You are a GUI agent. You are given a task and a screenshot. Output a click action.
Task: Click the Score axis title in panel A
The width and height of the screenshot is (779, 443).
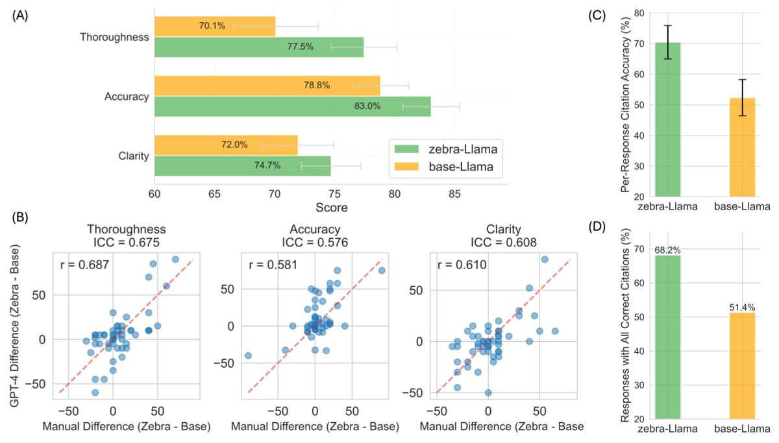[x=331, y=208]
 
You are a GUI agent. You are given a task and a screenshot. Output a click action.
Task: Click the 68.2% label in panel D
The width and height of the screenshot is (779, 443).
[x=667, y=250]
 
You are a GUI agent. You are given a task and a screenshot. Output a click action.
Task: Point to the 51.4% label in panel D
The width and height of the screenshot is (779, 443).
[x=742, y=307]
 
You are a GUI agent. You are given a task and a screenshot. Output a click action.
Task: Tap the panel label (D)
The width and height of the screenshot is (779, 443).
[x=598, y=227]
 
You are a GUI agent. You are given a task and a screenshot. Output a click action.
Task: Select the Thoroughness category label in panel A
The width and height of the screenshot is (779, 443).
[x=115, y=37]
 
